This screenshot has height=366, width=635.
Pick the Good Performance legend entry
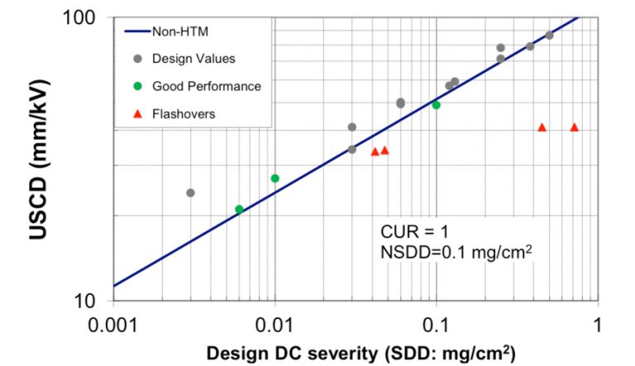coord(207,86)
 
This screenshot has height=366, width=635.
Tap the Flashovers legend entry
coord(184,114)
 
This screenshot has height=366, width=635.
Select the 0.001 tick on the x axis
coord(113,324)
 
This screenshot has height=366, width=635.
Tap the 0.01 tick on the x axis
coord(275,324)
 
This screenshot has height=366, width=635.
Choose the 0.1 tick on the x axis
coord(436,324)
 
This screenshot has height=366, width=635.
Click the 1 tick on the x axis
coord(598,324)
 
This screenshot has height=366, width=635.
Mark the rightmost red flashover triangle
coord(575,127)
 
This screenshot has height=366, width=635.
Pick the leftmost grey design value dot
coord(190,193)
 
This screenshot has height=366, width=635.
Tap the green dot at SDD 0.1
coord(436,105)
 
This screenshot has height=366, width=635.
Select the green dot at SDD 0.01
coord(275,178)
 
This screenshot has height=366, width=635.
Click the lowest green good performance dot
coord(239,209)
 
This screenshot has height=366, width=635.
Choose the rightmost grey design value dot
coord(549,36)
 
